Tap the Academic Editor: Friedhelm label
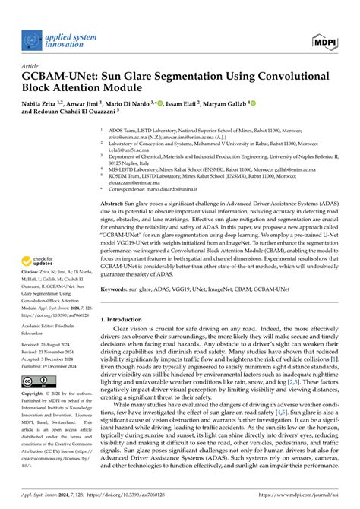click(53, 324)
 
